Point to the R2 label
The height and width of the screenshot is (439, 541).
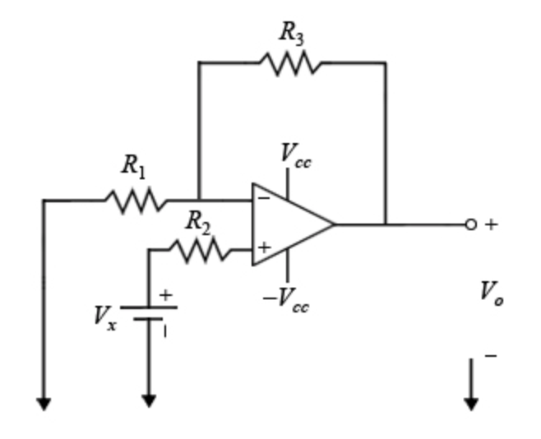197,220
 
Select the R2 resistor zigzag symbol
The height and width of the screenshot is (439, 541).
200,249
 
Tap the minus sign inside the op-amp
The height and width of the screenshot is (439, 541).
263,198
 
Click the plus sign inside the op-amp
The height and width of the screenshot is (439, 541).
264,247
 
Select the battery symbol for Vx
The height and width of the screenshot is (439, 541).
149,312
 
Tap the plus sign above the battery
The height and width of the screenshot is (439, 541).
167,294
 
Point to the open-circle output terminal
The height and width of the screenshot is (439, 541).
470,224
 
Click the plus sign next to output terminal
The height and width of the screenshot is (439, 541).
491,224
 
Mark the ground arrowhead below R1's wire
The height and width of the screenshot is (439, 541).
44,403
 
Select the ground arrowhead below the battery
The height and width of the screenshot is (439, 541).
148,400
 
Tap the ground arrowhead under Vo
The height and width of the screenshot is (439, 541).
471,403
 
